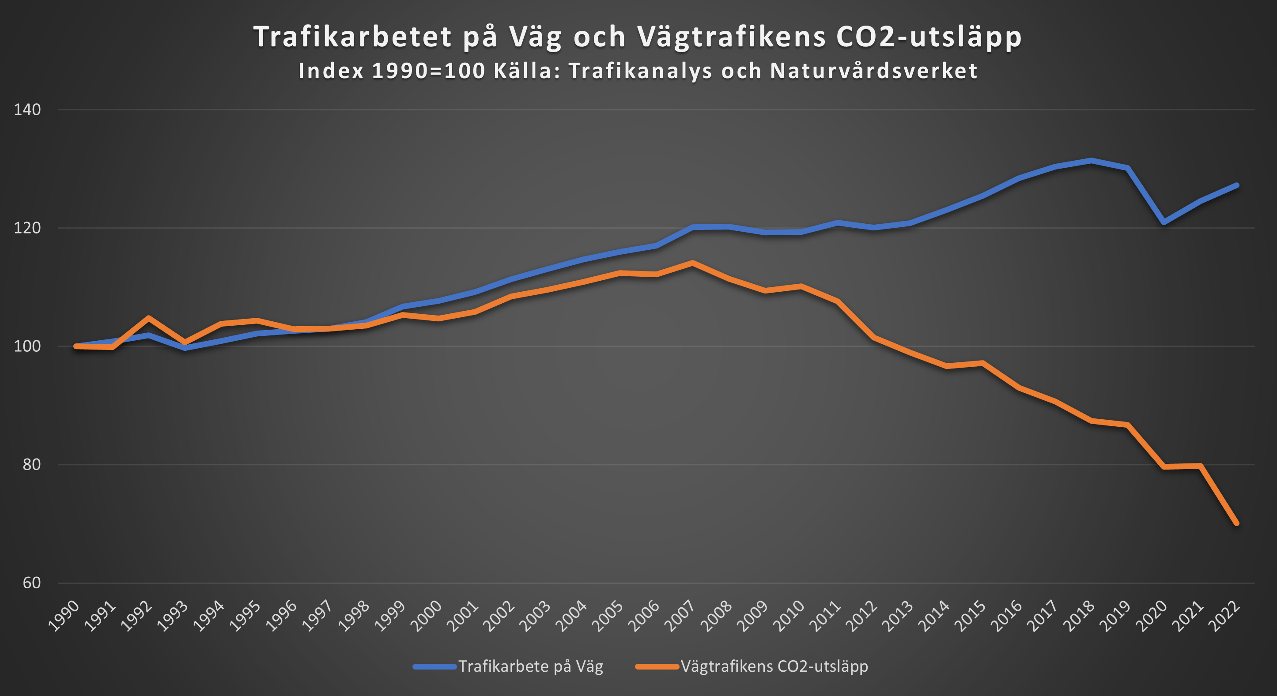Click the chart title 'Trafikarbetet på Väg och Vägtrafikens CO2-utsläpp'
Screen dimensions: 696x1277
coord(638,37)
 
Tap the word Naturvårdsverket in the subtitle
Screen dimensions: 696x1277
coord(874,71)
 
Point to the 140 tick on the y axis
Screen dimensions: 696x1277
coord(27,109)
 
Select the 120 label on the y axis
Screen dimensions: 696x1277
coord(27,228)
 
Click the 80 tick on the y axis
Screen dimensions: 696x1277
coord(31,464)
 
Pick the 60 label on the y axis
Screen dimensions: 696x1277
coord(31,583)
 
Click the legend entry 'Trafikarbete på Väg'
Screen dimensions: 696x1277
coord(530,666)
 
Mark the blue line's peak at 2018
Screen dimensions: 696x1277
coord(1092,161)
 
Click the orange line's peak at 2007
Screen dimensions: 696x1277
coord(692,263)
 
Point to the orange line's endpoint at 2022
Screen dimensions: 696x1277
coord(1236,523)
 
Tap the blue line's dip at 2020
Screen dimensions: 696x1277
coord(1164,222)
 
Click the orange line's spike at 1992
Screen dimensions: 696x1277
coord(148,317)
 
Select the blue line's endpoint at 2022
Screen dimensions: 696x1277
coord(1236,185)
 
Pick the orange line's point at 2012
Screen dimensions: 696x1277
coord(873,337)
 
